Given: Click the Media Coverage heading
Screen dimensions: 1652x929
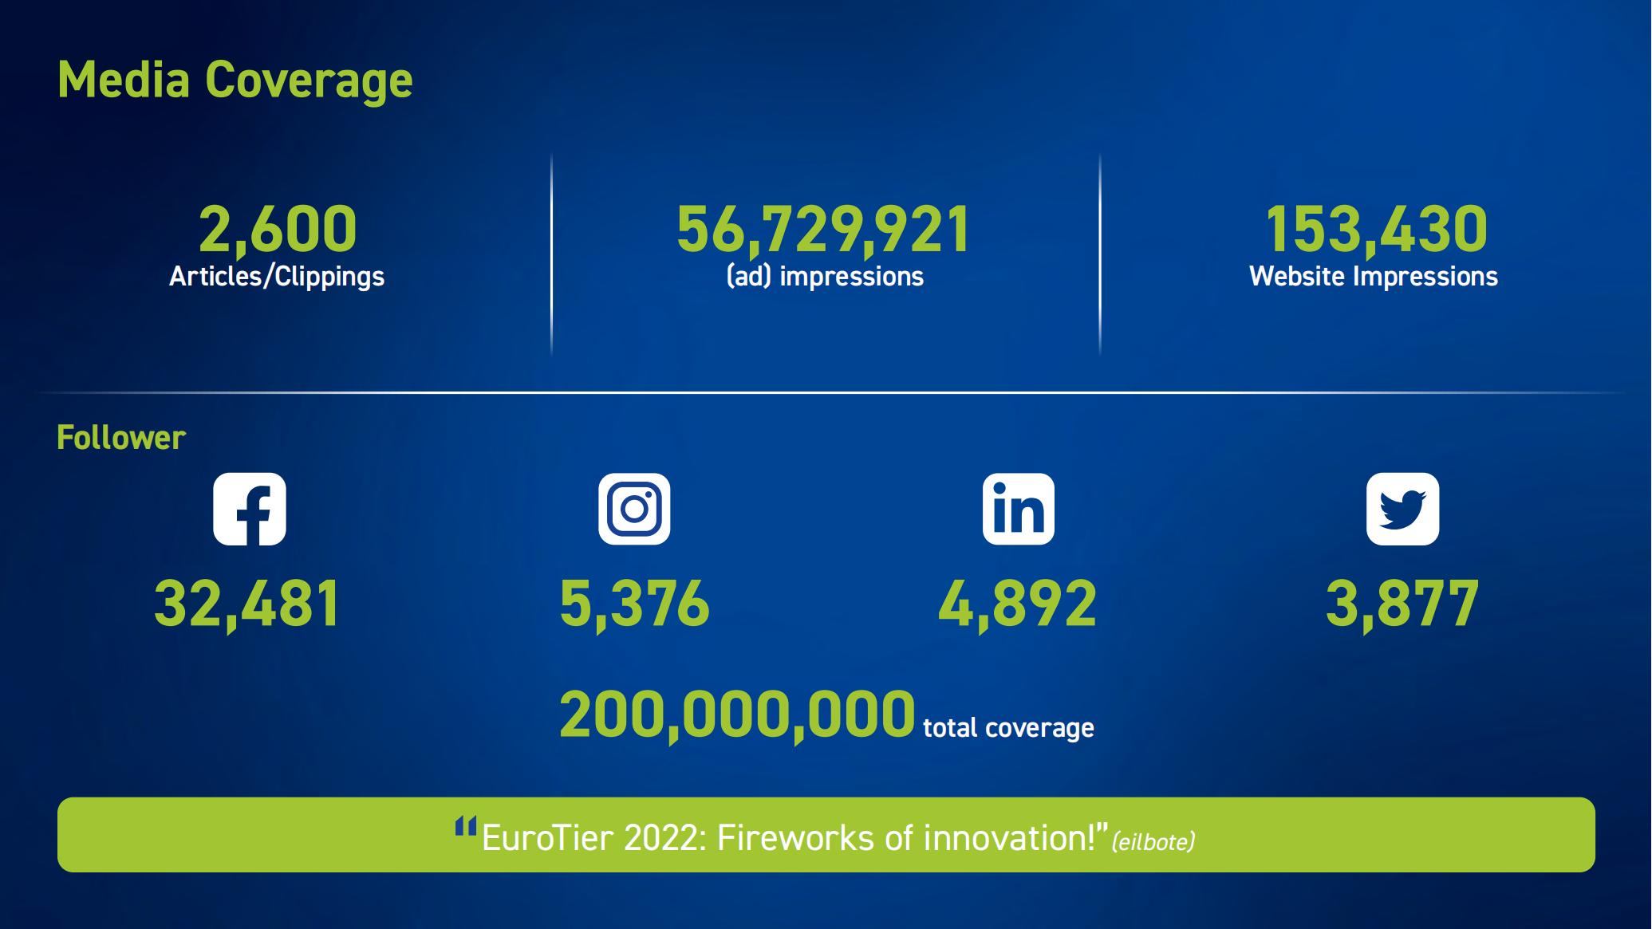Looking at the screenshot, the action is tap(235, 81).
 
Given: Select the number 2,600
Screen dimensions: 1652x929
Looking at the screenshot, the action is tap(278, 230).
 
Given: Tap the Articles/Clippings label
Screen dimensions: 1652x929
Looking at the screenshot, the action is tap(277, 277).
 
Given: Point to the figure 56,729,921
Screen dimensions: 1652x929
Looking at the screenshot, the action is tap(823, 230).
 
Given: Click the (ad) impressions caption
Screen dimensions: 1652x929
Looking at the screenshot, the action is tap(825, 277).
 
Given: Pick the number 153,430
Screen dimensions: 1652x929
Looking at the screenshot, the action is tap(1376, 230).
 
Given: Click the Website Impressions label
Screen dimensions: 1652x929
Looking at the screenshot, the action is tap(1374, 277).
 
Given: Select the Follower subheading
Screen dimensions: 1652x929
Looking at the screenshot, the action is tap(121, 438).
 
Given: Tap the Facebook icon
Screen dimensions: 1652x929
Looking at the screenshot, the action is tap(250, 509).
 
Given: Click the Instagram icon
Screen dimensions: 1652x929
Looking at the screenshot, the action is tap(635, 509).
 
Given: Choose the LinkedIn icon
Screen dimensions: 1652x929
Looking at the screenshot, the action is tap(1019, 509).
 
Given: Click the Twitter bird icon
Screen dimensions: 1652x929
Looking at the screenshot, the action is tap(1403, 509).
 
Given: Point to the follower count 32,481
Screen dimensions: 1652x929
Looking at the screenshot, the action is tap(247, 604).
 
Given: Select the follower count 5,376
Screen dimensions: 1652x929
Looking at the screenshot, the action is tap(635, 604).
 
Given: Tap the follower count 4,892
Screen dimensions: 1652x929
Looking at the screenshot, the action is tap(1018, 604).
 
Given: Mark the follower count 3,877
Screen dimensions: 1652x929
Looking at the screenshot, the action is tap(1402, 604).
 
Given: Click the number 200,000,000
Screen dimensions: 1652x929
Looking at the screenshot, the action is tap(737, 716).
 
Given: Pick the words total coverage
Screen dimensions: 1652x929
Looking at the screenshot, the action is tap(1009, 728).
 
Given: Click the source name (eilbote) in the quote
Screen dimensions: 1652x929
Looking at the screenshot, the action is tap(1153, 842).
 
